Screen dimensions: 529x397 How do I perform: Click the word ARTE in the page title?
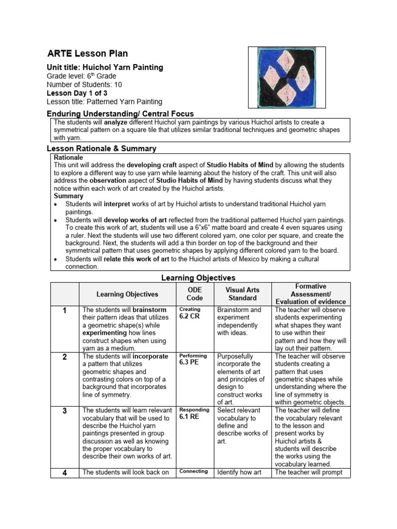pyautogui.click(x=59, y=54)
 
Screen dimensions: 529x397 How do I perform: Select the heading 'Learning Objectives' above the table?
pyautogui.click(x=198, y=278)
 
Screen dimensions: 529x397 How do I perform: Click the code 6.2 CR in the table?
pyautogui.click(x=189, y=317)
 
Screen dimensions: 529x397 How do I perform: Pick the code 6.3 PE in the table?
pyautogui.click(x=189, y=363)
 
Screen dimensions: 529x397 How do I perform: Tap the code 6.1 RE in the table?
pyautogui.click(x=189, y=417)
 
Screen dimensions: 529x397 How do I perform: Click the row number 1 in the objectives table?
pyautogui.click(x=64, y=310)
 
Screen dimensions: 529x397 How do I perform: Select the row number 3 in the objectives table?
pyautogui.click(x=64, y=410)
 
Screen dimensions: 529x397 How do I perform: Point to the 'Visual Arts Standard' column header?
pyautogui.click(x=242, y=294)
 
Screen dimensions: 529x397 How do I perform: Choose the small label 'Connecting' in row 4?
pyautogui.click(x=193, y=471)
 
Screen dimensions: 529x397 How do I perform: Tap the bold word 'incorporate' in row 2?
pyautogui.click(x=150, y=356)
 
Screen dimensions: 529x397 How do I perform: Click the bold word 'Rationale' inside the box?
pyautogui.click(x=68, y=157)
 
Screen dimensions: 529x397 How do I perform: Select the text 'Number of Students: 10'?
pyautogui.click(x=84, y=84)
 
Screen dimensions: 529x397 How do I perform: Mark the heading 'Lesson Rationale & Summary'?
pyautogui.click(x=101, y=148)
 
